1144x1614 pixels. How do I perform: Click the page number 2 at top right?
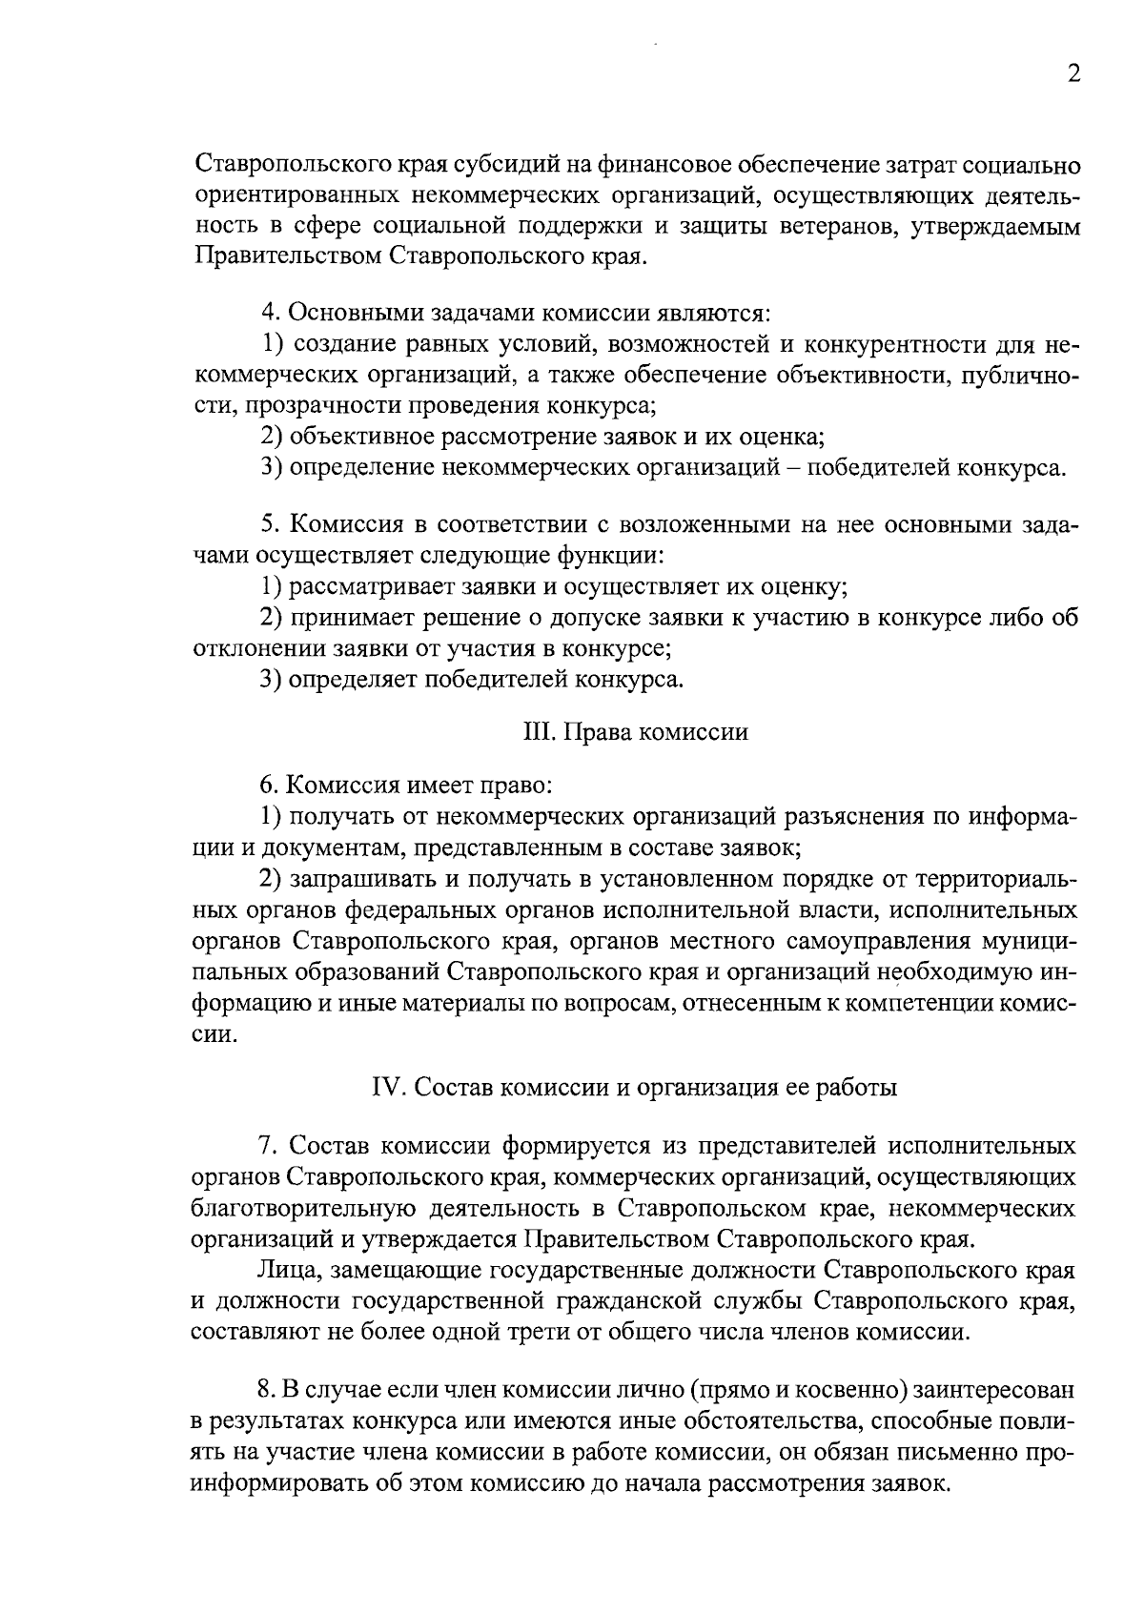(x=1073, y=75)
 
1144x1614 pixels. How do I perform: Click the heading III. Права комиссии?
(x=636, y=732)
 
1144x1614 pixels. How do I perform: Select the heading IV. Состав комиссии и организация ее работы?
(x=634, y=1088)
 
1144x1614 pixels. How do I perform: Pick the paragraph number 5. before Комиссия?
(x=270, y=525)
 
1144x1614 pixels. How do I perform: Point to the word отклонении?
(x=247, y=649)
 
